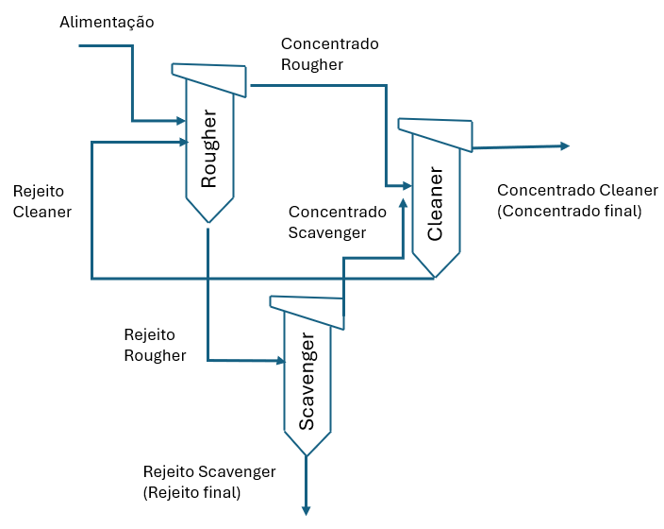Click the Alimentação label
tap(106, 22)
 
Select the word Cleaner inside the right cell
tap(435, 204)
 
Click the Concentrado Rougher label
tap(329, 54)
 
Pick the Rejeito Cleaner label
tap(42, 201)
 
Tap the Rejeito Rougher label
tap(155, 345)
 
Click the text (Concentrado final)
tap(569, 211)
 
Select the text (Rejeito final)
tap(191, 492)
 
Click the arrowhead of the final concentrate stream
tap(565, 145)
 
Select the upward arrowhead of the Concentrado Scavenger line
tap(404, 202)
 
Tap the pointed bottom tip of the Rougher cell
tap(208, 223)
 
